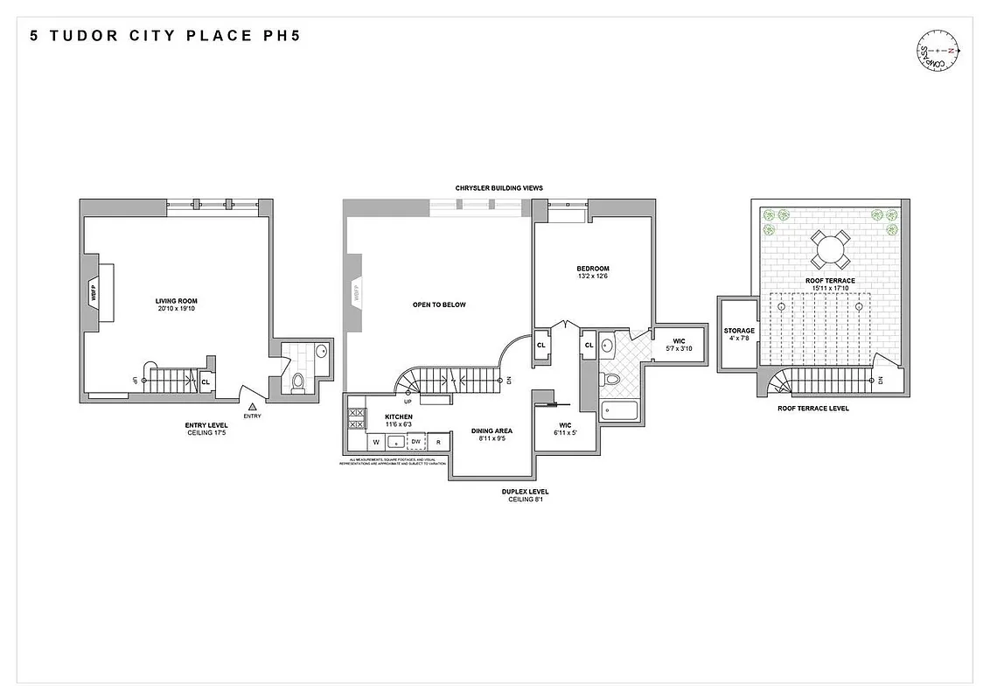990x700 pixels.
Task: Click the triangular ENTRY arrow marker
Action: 252,406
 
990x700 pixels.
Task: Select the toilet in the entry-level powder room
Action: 298,381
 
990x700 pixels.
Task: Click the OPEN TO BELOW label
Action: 439,304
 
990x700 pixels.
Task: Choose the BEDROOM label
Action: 592,269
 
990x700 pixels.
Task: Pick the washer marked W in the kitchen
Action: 376,442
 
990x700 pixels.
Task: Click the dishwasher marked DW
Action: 416,442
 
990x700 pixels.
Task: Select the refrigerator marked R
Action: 438,442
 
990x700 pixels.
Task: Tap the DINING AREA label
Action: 491,430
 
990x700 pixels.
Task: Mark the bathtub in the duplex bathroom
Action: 621,411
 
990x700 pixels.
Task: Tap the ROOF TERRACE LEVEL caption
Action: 813,409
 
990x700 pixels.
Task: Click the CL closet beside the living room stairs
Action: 206,382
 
